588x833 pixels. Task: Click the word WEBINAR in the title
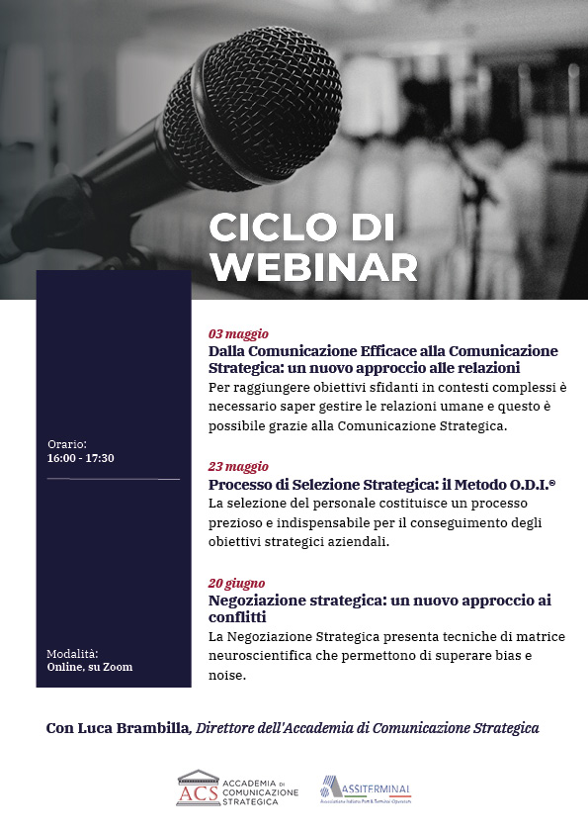314,267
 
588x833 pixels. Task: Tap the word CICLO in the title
273,228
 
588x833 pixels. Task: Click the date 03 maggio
238,334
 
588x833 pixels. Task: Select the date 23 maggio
238,467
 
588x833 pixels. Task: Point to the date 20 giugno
237,584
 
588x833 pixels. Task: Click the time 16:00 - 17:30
81,458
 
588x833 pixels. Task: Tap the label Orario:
67,444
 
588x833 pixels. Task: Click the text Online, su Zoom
90,667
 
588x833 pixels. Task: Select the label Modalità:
72,654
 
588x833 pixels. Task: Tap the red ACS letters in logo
199,793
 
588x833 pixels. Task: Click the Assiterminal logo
365,789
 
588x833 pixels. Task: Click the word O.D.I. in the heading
532,485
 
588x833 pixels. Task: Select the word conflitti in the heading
237,617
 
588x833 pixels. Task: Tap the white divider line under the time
114,479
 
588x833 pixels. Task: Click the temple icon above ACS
199,777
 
